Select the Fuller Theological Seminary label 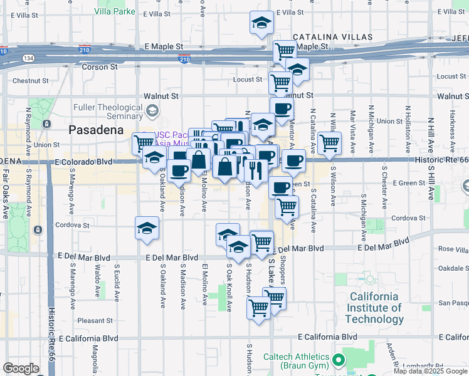108,112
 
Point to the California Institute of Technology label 374,308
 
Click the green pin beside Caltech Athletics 339,360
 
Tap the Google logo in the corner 21,368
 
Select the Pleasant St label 95,320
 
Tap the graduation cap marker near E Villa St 261,23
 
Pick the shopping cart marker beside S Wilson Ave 329,143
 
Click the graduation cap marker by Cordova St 147,228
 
